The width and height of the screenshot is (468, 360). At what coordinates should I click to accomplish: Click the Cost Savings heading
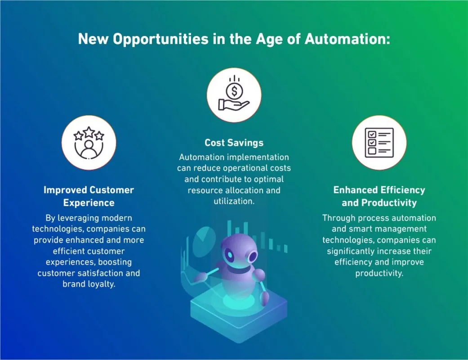tap(234, 143)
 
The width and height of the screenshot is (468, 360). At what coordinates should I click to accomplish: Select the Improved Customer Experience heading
tap(89, 196)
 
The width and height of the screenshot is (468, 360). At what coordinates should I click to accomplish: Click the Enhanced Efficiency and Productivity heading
tap(379, 196)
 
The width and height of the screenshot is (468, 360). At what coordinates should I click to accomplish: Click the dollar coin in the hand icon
tap(234, 91)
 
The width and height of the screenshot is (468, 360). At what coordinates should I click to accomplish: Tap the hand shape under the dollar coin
tap(233, 104)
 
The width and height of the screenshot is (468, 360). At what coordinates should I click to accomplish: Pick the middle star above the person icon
tap(89, 132)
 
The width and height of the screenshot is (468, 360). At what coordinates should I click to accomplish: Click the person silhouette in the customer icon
tap(89, 148)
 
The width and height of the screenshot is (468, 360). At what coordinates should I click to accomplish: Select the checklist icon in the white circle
tap(379, 142)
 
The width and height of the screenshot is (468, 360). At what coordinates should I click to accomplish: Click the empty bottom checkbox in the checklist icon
tap(372, 151)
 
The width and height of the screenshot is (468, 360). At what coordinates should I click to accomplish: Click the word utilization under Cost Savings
tap(234, 201)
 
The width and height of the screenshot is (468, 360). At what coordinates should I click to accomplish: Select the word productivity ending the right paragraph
tap(379, 273)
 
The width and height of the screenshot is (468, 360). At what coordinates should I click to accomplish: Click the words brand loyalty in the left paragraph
tap(89, 284)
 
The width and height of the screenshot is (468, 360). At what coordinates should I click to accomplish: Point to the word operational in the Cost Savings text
tap(236, 168)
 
